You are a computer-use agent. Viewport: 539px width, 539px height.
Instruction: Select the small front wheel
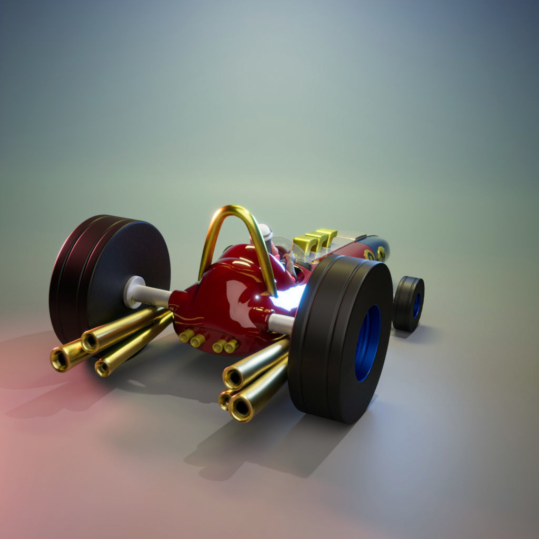pyautogui.click(x=408, y=304)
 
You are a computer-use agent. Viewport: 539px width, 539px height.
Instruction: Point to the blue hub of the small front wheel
pyautogui.click(x=416, y=305)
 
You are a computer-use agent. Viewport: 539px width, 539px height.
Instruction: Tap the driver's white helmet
pyautogui.click(x=266, y=232)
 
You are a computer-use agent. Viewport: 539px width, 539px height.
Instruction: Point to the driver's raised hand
pyautogui.click(x=289, y=256)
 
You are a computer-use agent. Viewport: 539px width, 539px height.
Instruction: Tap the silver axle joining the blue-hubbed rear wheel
pyautogui.click(x=280, y=324)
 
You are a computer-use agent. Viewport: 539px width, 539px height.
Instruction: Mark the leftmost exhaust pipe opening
pyautogui.click(x=59, y=360)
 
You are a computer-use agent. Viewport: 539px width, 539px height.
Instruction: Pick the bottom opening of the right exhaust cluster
pyautogui.click(x=242, y=408)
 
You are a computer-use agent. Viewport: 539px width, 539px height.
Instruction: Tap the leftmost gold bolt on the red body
pyautogui.click(x=185, y=336)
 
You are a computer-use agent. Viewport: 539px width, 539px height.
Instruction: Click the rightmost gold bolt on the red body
pyautogui.click(x=231, y=346)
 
